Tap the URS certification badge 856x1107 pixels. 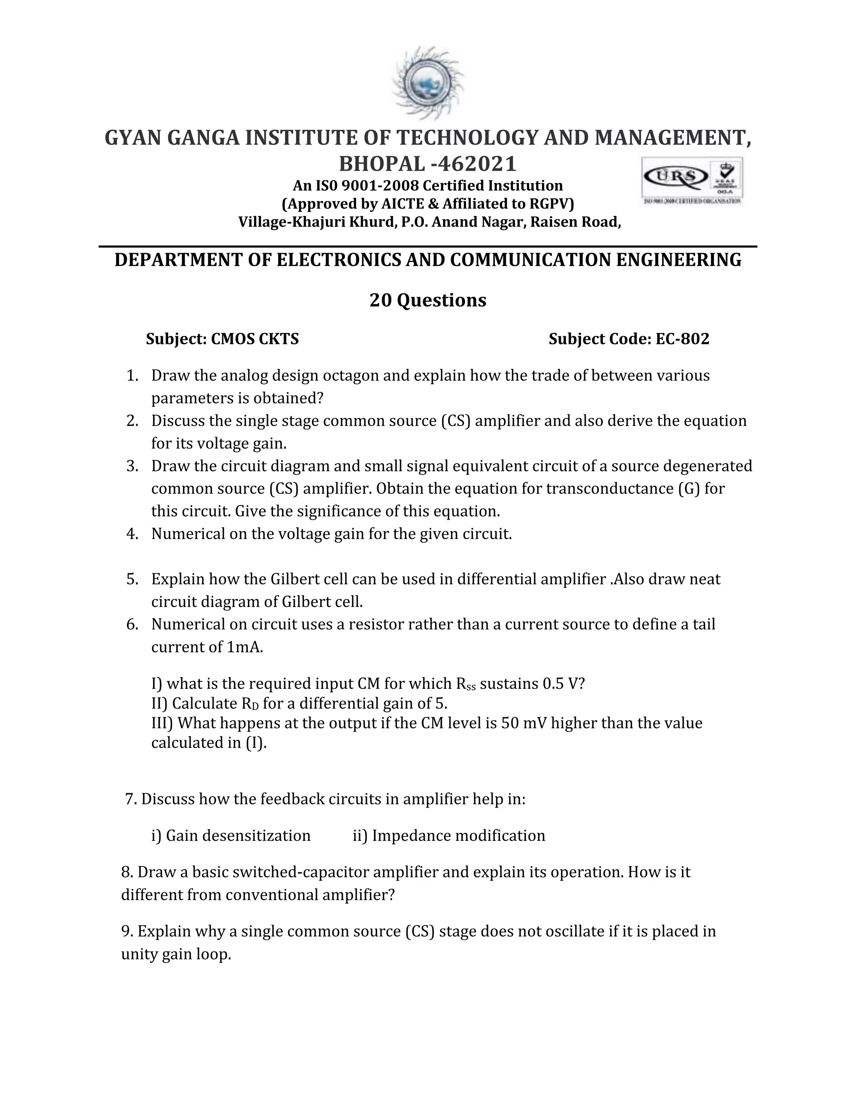pyautogui.click(x=693, y=180)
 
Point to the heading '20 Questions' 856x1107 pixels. pyautogui.click(x=428, y=300)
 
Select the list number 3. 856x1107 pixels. pyautogui.click(x=132, y=466)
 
